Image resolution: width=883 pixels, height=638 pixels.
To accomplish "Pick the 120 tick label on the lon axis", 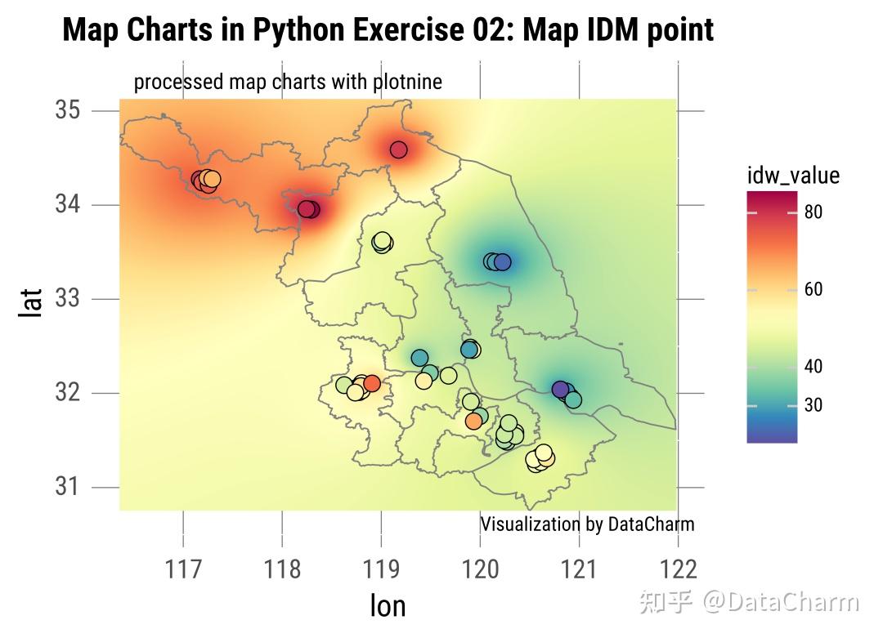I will pyautogui.click(x=481, y=568).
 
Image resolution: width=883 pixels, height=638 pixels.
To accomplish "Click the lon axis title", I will pyautogui.click(x=388, y=605).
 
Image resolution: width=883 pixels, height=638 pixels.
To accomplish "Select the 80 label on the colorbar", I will pyautogui.click(x=813, y=212).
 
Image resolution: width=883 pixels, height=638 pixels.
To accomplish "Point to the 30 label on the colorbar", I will pyautogui.click(x=813, y=405).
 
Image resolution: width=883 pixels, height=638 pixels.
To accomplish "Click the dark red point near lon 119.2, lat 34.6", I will pyautogui.click(x=398, y=149).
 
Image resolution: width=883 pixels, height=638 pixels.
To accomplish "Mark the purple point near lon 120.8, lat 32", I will pyautogui.click(x=560, y=390).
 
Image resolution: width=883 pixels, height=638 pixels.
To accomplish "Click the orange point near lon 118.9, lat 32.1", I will pyautogui.click(x=372, y=383).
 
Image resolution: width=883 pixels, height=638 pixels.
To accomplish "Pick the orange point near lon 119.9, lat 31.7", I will pyautogui.click(x=473, y=421).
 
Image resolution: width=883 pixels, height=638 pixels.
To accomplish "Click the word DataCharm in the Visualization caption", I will pyautogui.click(x=651, y=524).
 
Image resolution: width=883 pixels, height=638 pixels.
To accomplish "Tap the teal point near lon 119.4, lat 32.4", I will pyautogui.click(x=419, y=358).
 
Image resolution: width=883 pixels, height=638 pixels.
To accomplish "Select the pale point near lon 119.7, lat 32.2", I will pyautogui.click(x=448, y=375).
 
